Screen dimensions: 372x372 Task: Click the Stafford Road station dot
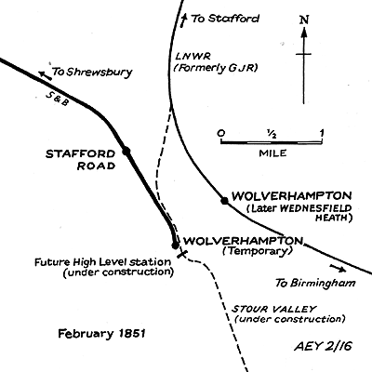point(126,151)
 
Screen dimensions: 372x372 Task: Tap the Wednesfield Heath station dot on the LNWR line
point(224,201)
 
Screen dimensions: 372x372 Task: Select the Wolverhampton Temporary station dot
point(175,246)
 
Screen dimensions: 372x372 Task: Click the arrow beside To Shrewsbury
point(45,75)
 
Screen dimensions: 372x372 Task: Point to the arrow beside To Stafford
point(184,20)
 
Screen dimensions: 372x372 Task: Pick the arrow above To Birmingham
point(338,268)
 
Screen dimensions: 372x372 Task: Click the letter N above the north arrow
point(304,20)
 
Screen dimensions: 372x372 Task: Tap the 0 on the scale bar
point(220,133)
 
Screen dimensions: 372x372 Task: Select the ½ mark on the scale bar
point(272,134)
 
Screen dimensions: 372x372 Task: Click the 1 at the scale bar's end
point(322,133)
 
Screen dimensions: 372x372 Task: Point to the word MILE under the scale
point(272,153)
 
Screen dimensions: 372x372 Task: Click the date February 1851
point(101,334)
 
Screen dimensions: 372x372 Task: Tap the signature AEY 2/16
point(323,346)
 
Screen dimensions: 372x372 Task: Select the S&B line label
point(58,99)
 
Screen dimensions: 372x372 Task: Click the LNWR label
point(193,57)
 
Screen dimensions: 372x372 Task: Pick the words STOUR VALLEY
point(274,309)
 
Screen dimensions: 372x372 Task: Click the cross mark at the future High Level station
point(182,254)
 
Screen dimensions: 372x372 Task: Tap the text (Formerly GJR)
point(216,68)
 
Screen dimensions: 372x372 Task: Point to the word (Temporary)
point(258,251)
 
